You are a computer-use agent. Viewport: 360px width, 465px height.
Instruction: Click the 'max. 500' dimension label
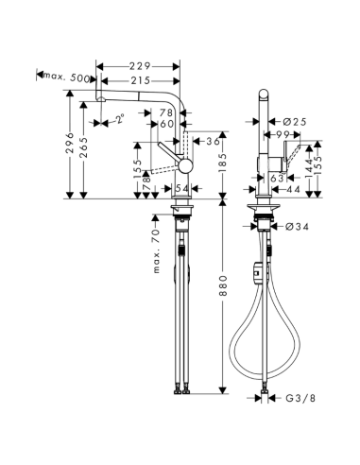click(x=68, y=75)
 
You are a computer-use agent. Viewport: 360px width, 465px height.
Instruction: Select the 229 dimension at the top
click(x=142, y=66)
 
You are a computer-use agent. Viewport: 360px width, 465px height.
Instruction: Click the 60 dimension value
click(x=166, y=125)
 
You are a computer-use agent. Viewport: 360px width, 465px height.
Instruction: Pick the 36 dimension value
click(x=211, y=141)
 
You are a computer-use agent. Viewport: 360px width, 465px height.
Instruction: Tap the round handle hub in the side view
click(x=185, y=165)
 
